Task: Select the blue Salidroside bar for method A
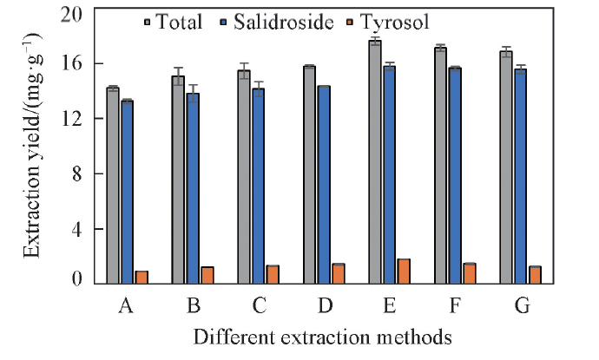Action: point(127,192)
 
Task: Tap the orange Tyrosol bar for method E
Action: point(404,271)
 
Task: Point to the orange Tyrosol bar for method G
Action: point(535,274)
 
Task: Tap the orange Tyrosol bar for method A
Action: point(142,277)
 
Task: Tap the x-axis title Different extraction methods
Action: point(323,336)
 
